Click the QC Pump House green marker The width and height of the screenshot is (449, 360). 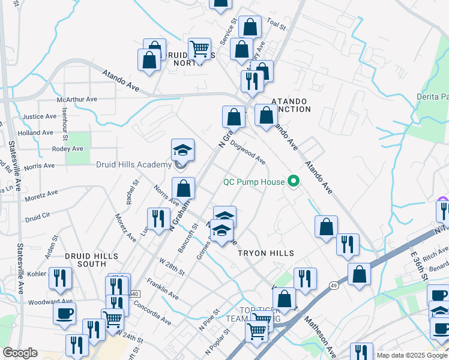coord(294,181)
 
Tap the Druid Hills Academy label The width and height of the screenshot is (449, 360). coord(134,165)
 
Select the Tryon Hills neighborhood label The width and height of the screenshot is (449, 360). coord(265,254)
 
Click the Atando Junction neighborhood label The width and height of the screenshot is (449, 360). coord(291,105)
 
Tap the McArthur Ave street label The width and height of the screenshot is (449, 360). coord(76,99)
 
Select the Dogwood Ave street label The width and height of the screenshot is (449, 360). coord(247,152)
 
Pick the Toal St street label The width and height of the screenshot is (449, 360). coord(277,24)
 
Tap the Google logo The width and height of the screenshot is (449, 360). coord(20,353)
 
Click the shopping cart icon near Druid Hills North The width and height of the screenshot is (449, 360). coord(199,48)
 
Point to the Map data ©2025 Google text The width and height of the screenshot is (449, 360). coord(412,355)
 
